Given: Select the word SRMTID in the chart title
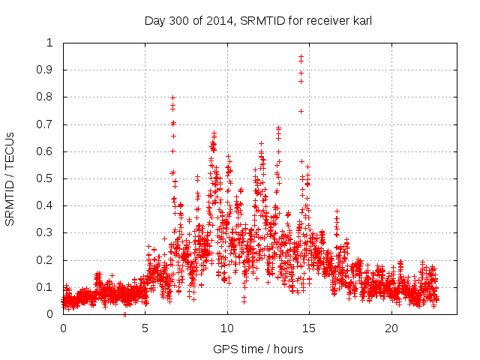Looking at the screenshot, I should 257,21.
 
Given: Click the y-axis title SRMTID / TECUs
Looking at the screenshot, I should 10,178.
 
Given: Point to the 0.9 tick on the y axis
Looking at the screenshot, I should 47,70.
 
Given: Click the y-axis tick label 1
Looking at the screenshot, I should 51,43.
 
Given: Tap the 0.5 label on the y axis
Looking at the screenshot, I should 47,178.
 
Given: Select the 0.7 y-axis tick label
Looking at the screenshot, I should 47,124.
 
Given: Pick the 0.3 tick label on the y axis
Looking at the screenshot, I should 47,233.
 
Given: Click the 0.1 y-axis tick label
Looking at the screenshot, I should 47,287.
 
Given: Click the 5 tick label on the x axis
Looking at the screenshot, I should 145,328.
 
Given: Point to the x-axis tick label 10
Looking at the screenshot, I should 227,328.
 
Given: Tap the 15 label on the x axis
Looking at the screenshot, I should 310,328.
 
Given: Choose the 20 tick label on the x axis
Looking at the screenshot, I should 391,328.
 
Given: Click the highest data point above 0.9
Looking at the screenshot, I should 301,55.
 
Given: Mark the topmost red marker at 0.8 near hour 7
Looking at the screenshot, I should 173,97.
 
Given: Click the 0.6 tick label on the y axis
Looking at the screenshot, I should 47,151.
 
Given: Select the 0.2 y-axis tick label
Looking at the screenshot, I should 47,260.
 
